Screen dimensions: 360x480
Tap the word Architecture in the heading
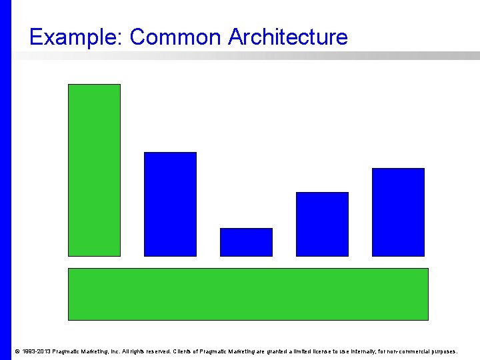pyautogui.click(x=287, y=37)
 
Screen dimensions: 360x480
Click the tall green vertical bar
pyautogui.click(x=94, y=170)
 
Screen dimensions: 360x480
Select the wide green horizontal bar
pyautogui.click(x=248, y=294)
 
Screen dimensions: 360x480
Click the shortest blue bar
pyautogui.click(x=246, y=242)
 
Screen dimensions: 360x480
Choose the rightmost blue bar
pyautogui.click(x=398, y=212)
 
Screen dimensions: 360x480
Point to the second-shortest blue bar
pyautogui.click(x=322, y=224)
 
